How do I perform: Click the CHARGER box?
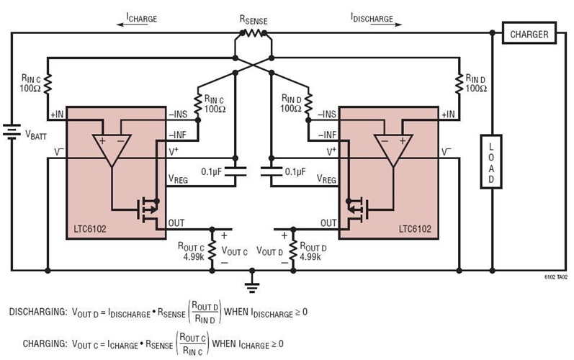(529, 33)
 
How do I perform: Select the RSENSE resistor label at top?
(253, 22)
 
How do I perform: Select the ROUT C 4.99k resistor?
(212, 250)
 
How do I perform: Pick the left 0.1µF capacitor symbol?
(235, 172)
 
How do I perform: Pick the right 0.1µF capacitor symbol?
(269, 172)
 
